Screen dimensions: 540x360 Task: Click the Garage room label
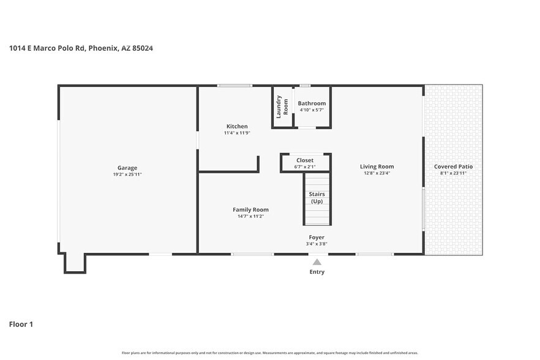click(x=127, y=168)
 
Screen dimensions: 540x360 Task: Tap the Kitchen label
click(x=237, y=127)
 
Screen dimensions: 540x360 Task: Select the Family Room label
click(x=251, y=210)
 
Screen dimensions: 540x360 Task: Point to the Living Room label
click(x=377, y=167)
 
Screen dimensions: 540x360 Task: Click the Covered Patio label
click(x=453, y=167)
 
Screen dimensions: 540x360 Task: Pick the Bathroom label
click(x=312, y=103)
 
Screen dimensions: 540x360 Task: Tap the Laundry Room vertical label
click(x=282, y=107)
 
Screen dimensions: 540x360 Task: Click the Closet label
click(x=305, y=160)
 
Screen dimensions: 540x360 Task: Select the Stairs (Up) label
click(x=317, y=198)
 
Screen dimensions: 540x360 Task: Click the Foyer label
click(x=317, y=238)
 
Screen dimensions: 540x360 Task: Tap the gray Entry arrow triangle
click(x=317, y=262)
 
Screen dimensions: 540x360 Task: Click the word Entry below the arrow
click(x=317, y=272)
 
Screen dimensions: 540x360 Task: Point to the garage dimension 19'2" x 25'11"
click(x=127, y=174)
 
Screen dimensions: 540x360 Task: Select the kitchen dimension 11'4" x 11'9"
click(x=237, y=133)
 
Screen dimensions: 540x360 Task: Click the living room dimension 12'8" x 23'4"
click(x=377, y=173)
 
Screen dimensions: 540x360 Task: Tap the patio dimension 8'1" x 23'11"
click(x=453, y=173)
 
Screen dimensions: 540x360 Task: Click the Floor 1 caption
click(x=21, y=324)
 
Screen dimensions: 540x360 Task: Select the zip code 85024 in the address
click(x=143, y=48)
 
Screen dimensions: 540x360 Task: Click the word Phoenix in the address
click(x=103, y=48)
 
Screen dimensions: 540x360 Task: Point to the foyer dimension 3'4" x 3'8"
click(x=317, y=244)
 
